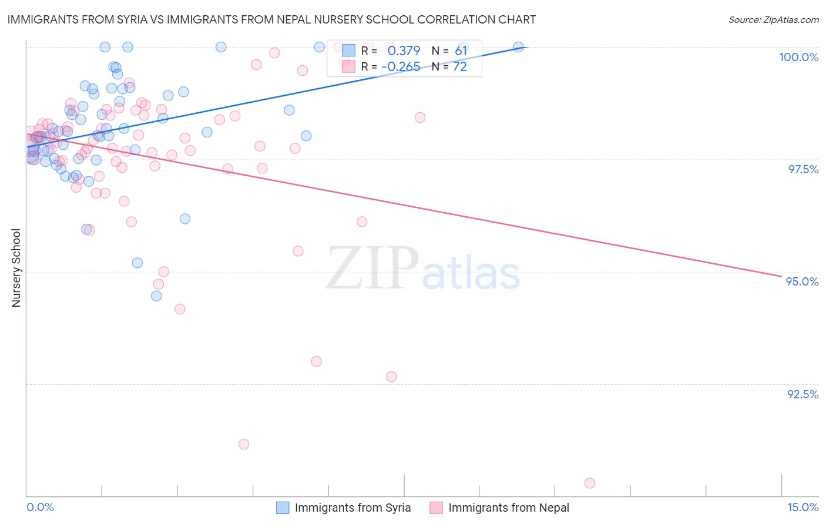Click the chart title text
pos(271,19)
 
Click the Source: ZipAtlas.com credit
pos(773,19)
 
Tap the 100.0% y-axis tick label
pos(798,57)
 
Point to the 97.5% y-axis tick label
pos(803,169)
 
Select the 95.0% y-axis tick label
pos(802,281)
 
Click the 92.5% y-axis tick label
pos(803,394)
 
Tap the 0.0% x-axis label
pos(40,507)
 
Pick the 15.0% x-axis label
pos(803,507)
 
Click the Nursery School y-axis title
pos(16,267)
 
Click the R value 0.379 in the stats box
pos(404,51)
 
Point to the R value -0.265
pos(401,67)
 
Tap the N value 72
pos(459,67)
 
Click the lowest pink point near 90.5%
pos(590,483)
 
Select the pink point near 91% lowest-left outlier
pos(244,444)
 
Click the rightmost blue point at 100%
pos(518,47)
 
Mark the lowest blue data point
pos(156,296)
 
